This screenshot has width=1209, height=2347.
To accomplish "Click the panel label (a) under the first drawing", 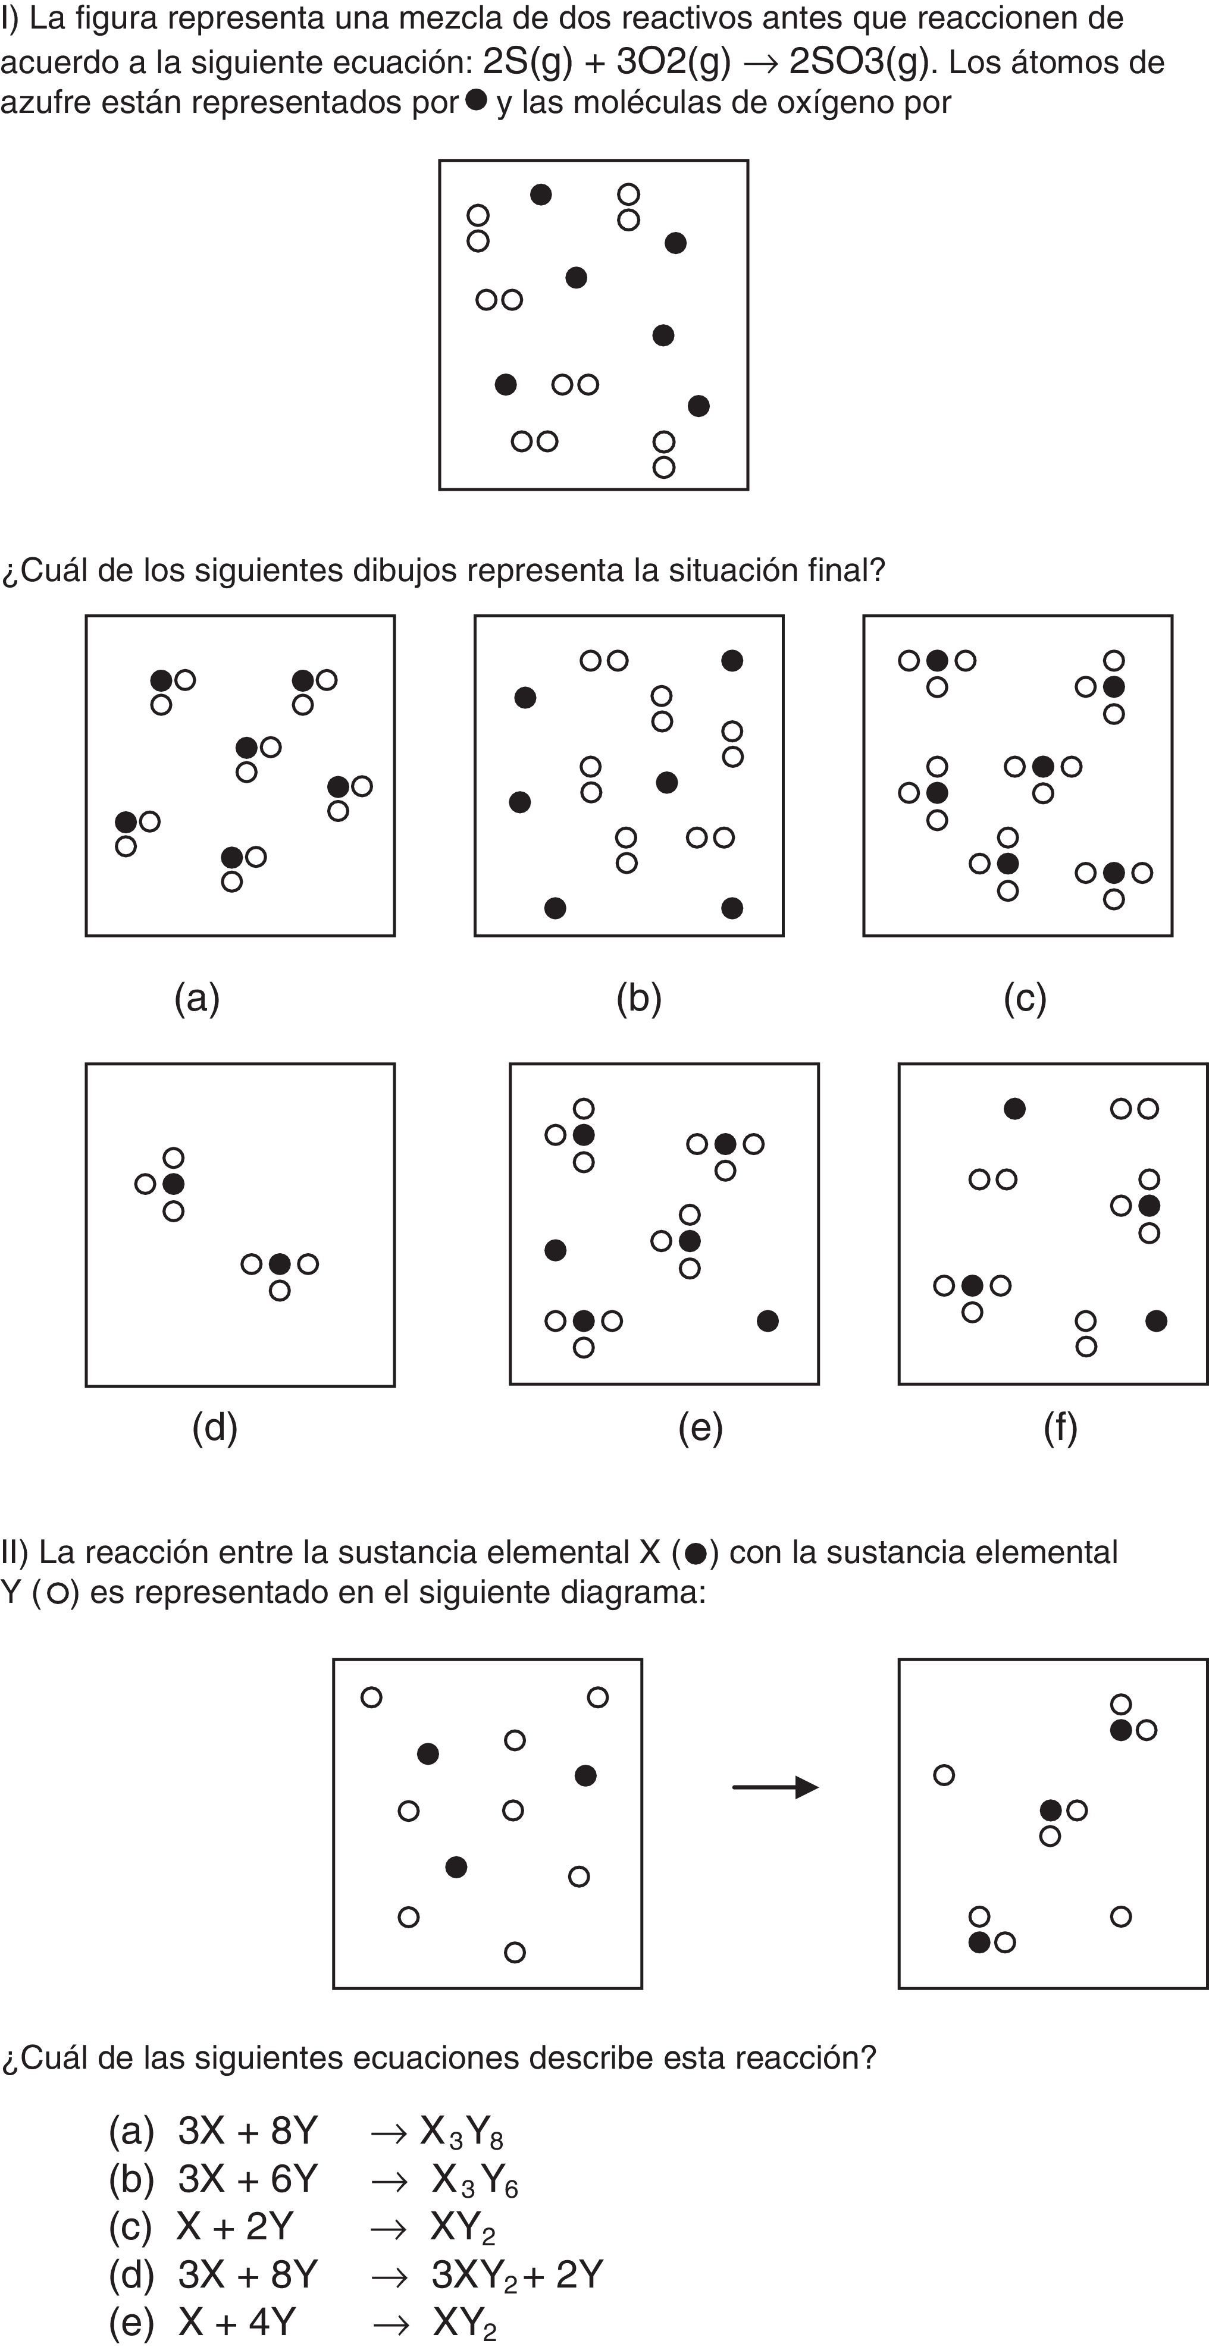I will click(197, 999).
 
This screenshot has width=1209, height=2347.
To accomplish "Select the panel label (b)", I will click(638, 999).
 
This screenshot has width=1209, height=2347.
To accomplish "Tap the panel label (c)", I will click(1025, 999).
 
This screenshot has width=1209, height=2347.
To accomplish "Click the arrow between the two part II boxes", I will click(775, 1787).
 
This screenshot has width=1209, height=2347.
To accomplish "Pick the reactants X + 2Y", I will click(235, 2227).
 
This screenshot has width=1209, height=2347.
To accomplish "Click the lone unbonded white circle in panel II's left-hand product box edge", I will click(944, 1775).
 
